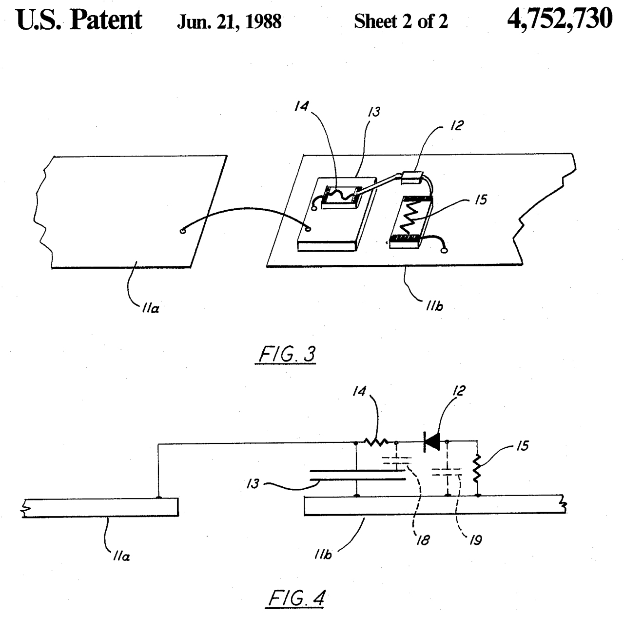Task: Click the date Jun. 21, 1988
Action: pos(229,22)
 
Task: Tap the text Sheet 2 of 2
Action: pos(401,22)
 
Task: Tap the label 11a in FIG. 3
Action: pos(151,309)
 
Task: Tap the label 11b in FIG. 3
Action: pos(433,307)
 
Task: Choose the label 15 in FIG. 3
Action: pos(480,200)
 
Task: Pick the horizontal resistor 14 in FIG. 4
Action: pos(376,443)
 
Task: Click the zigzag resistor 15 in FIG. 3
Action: pos(410,219)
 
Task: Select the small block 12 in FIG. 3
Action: pos(412,177)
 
